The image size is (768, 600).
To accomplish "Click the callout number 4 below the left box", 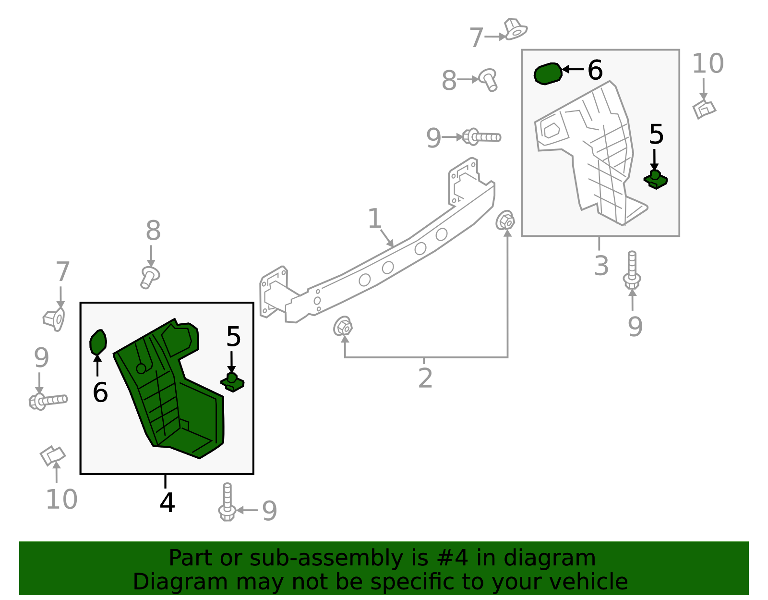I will (x=167, y=503).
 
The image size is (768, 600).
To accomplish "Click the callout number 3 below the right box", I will (x=601, y=266).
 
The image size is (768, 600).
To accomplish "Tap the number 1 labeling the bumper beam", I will (x=374, y=219).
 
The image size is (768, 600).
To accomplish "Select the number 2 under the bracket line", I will (x=425, y=379).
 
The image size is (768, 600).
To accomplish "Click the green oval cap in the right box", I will (x=548, y=73).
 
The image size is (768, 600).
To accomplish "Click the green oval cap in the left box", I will (x=98, y=342).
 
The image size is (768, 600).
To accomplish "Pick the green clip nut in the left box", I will (x=232, y=382).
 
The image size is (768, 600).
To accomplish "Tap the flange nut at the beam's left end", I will (x=343, y=327).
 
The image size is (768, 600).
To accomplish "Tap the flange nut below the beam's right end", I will (x=505, y=221).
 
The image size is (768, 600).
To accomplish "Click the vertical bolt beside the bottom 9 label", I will (x=227, y=502).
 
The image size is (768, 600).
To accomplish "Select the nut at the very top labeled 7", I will (x=515, y=29).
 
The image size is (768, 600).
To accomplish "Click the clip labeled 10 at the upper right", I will (x=704, y=109).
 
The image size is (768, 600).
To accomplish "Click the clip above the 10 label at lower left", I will (x=52, y=455).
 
